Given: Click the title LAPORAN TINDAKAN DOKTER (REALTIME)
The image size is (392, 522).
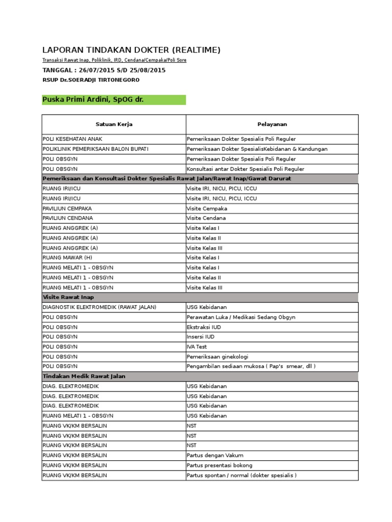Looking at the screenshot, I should [x=131, y=49].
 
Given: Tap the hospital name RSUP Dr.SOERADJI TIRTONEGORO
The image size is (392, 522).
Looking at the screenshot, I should [x=91, y=80].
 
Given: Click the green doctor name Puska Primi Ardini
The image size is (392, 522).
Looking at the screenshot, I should [x=93, y=99].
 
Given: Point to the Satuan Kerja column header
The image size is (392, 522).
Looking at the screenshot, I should [x=114, y=124].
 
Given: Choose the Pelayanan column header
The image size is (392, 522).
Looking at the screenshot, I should [x=272, y=124].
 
